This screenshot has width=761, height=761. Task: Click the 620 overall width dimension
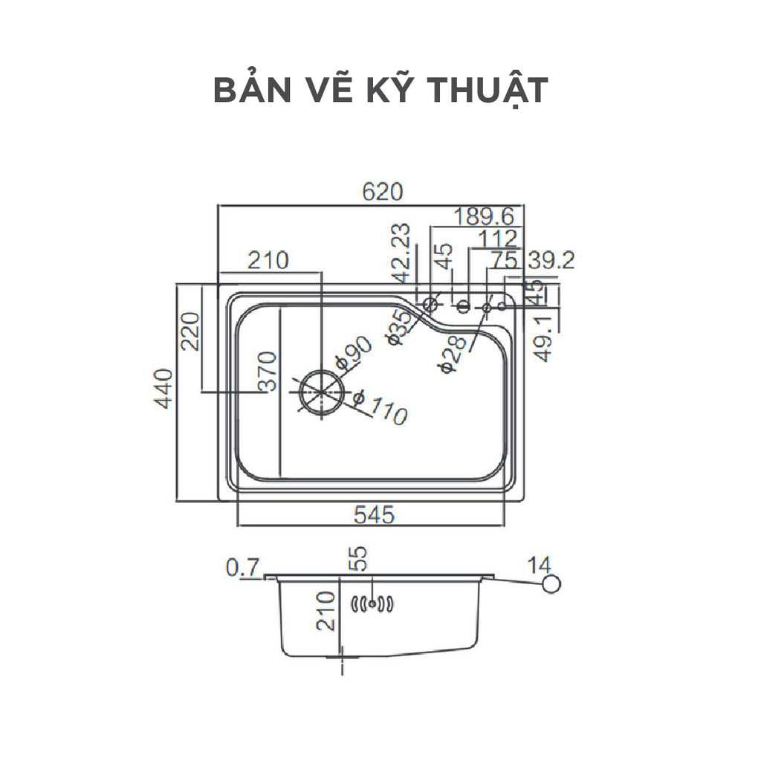(383, 192)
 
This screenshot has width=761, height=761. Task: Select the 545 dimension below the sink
(374, 514)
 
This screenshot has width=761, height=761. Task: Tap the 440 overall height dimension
(164, 388)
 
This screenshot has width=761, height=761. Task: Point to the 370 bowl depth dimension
(267, 371)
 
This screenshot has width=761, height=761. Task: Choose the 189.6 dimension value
(485, 216)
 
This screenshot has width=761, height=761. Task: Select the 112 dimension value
(499, 239)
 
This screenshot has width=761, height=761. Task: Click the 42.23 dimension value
(402, 253)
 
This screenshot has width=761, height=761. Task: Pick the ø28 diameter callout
(453, 352)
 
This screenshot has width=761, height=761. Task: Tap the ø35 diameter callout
(399, 328)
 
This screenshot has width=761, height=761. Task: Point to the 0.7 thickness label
(242, 569)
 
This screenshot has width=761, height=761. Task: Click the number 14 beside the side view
(540, 563)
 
